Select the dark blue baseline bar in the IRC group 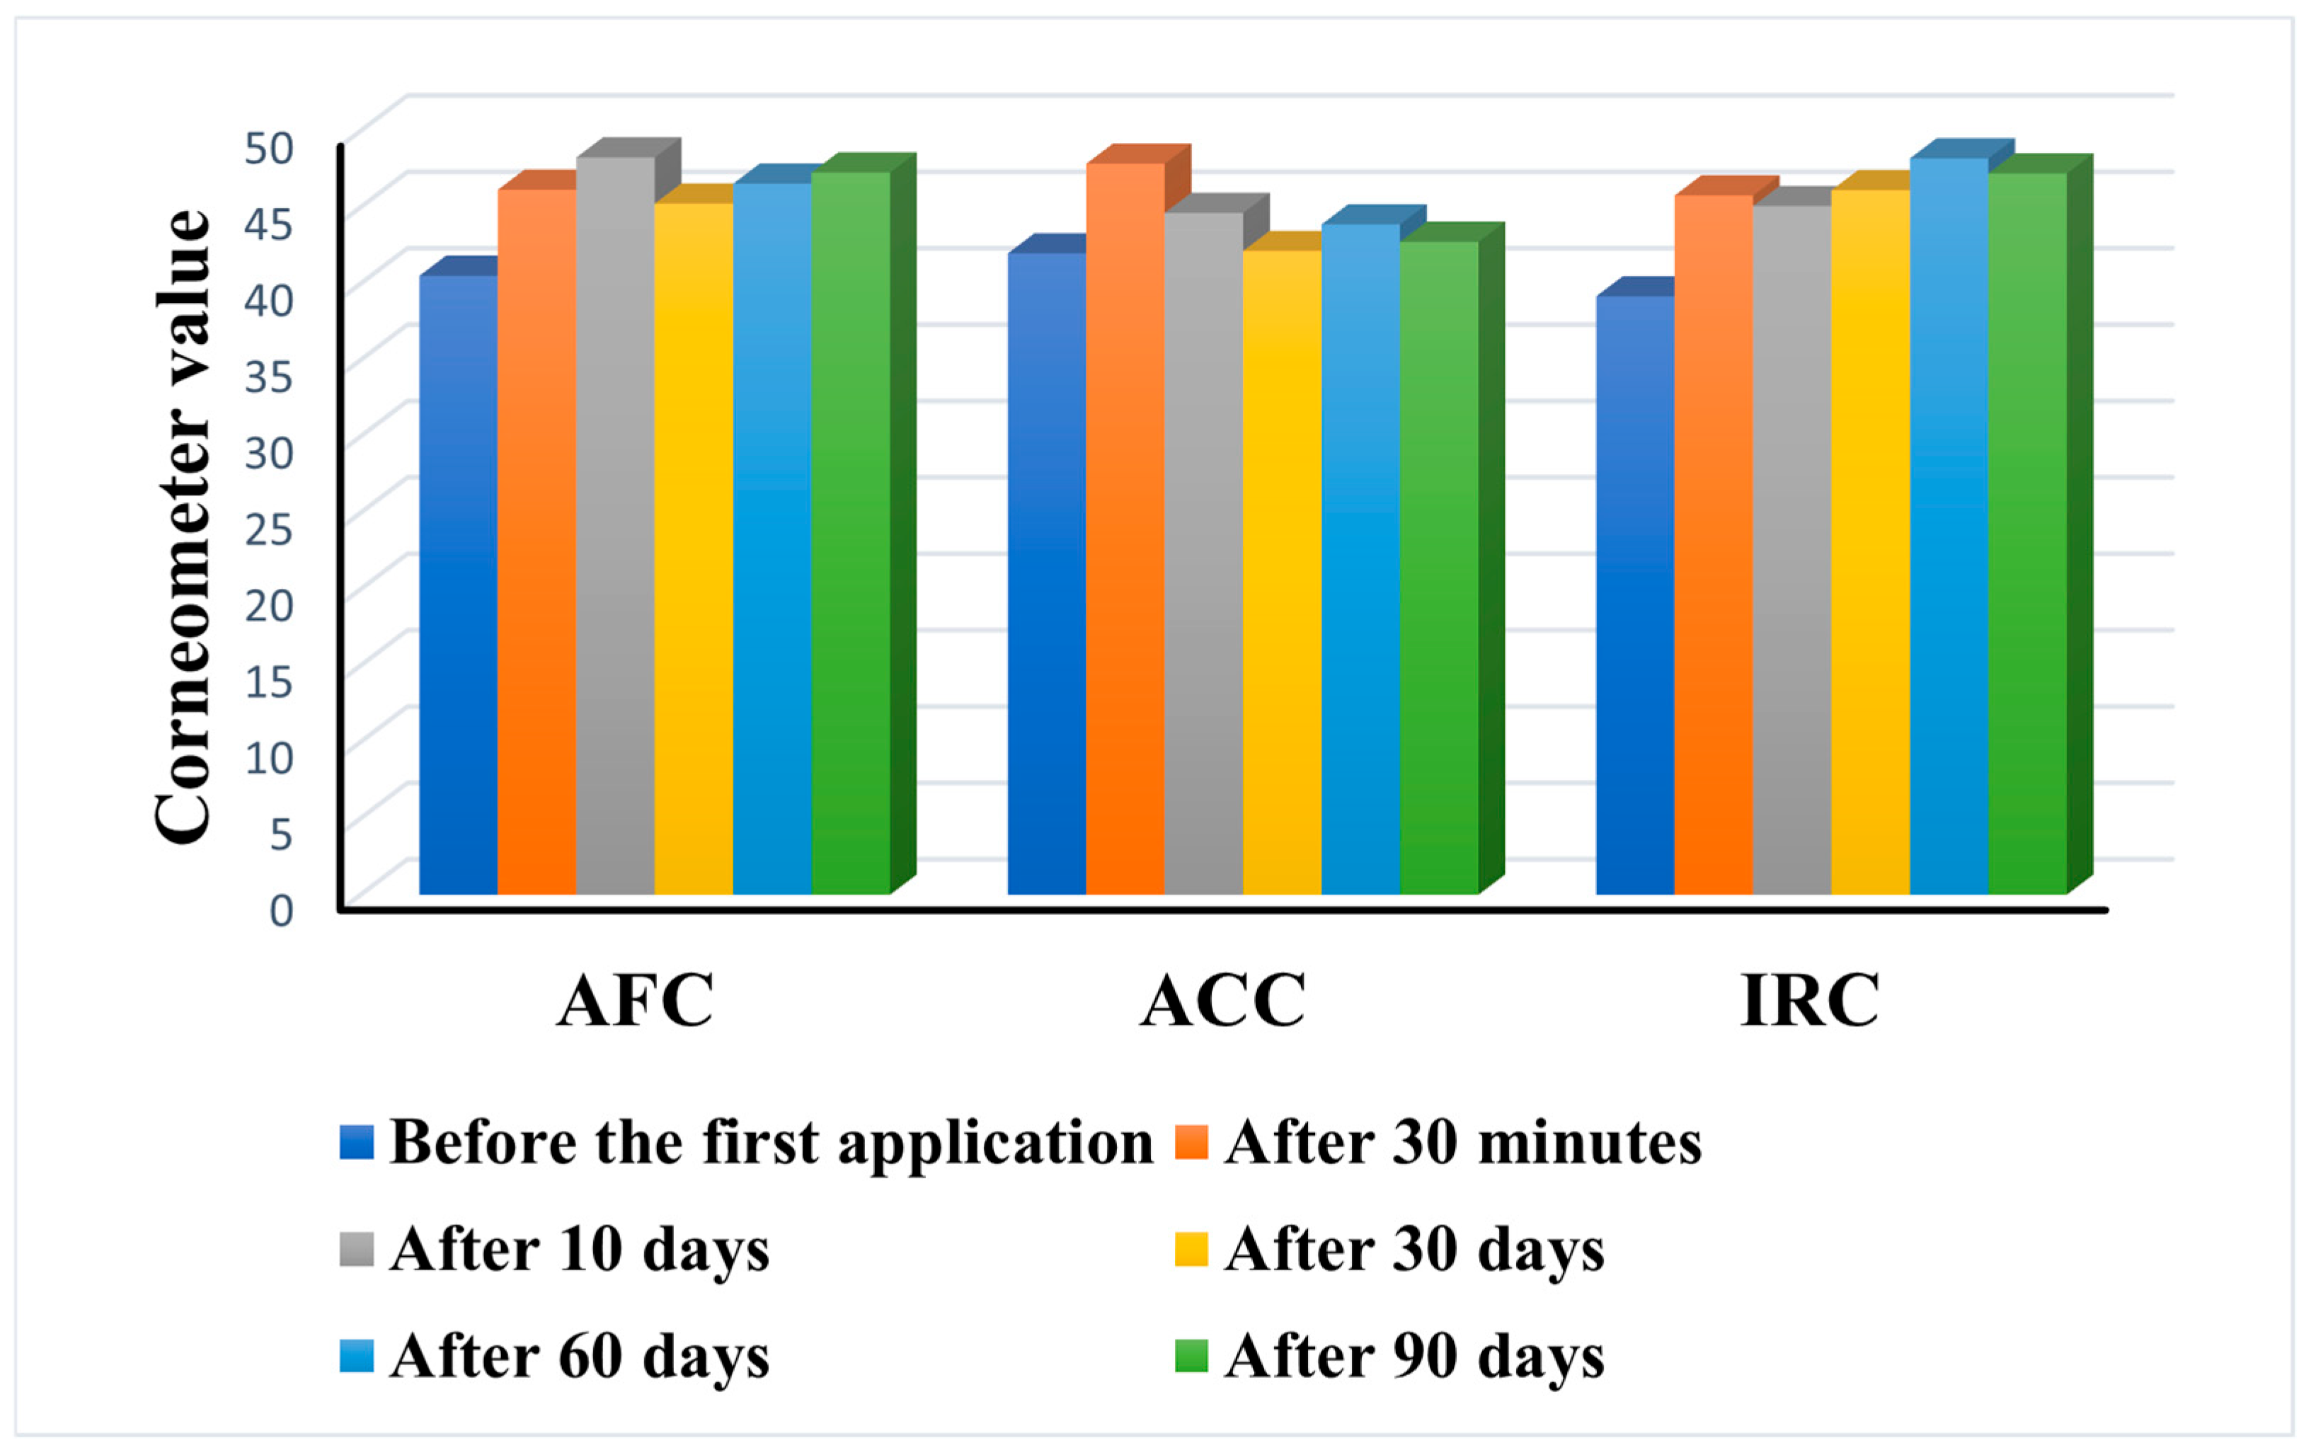(1634, 595)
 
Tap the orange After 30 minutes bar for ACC (1125, 528)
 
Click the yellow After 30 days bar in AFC (694, 547)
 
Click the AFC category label (636, 1002)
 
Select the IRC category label (1810, 1002)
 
